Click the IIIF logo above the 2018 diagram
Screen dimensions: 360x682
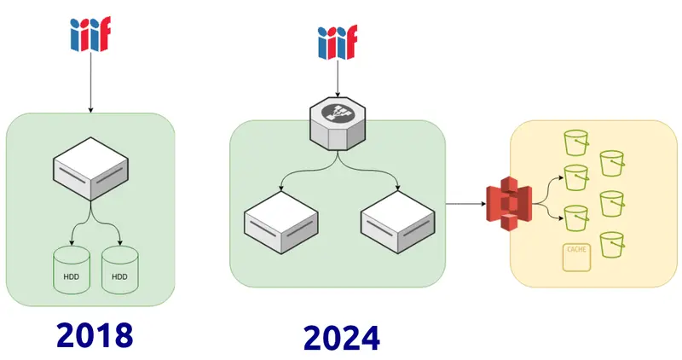point(90,34)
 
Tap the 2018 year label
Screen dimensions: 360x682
point(95,334)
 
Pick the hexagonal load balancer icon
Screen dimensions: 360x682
point(338,125)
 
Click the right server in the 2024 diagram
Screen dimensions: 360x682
point(396,219)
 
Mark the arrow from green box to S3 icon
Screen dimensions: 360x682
point(465,205)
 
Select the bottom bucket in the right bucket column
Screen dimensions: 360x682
point(613,245)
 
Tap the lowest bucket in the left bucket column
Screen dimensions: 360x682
point(577,218)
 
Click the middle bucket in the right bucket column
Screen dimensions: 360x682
point(613,204)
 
